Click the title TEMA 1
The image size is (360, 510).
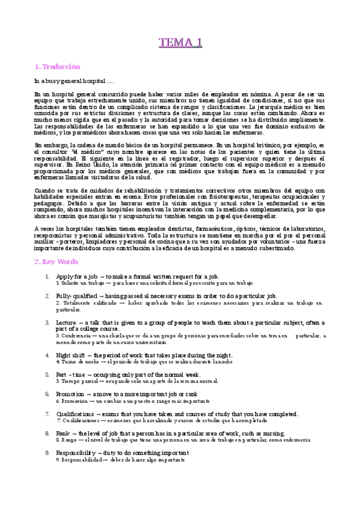tap(180, 42)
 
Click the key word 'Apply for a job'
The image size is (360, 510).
tap(76, 275)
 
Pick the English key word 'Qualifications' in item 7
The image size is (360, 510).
tap(76, 414)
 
